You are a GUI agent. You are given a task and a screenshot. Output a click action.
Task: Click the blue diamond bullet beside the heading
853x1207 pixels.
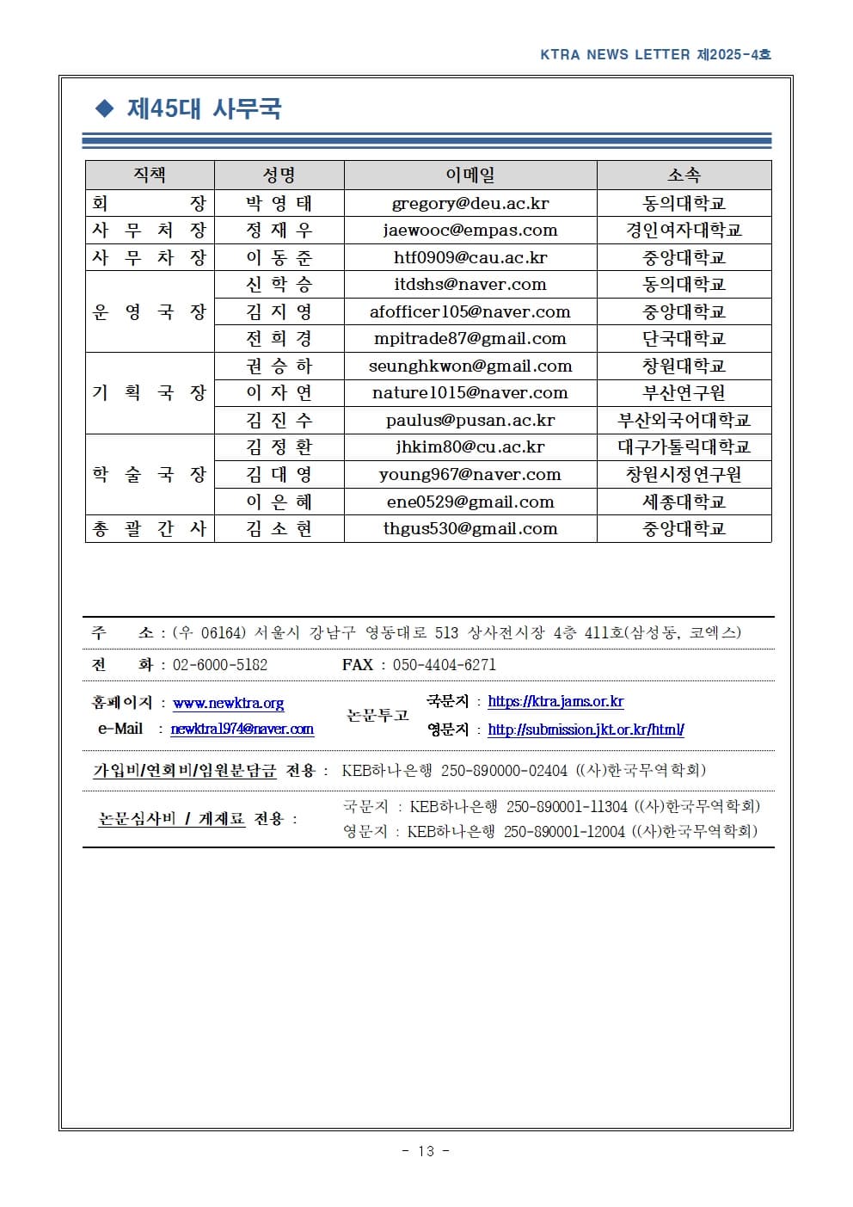point(105,108)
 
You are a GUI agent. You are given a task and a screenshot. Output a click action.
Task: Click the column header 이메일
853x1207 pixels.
point(469,176)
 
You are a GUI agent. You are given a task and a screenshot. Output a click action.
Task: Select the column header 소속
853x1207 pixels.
point(684,176)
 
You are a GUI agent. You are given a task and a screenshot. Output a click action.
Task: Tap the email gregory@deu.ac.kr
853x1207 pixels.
point(469,204)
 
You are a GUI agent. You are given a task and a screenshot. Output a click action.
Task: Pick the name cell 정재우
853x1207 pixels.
point(279,231)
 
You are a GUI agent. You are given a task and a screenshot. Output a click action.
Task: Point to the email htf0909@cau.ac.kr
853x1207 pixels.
point(469,257)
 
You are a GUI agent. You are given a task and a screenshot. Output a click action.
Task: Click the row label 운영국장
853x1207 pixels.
point(150,311)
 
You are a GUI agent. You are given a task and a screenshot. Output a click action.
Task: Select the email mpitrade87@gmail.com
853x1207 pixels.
point(469,339)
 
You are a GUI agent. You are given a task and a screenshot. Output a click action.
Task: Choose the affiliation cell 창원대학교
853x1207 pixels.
point(684,366)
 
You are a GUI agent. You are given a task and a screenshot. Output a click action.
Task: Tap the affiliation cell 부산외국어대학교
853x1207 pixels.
point(684,420)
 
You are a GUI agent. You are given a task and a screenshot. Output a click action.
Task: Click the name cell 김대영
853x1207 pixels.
point(279,474)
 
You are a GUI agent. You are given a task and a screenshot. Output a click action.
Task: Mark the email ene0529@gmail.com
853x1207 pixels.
point(469,502)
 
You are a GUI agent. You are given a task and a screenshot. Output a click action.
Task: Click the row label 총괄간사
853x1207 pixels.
point(150,528)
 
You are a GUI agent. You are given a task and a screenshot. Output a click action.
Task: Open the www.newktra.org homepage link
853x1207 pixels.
point(228,704)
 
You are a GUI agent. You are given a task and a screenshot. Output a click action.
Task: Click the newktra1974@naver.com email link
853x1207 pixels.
point(242,730)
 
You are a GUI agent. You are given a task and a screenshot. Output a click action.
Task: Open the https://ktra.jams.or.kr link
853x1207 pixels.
point(555,702)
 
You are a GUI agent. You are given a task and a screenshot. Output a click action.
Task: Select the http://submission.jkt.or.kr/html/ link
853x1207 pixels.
point(586,730)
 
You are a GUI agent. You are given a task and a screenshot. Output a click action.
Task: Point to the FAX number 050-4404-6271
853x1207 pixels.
point(444,665)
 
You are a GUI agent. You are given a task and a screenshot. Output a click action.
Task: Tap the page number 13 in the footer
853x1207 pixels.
point(426,1151)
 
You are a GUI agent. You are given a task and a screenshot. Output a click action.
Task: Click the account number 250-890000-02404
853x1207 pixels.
point(504,771)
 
